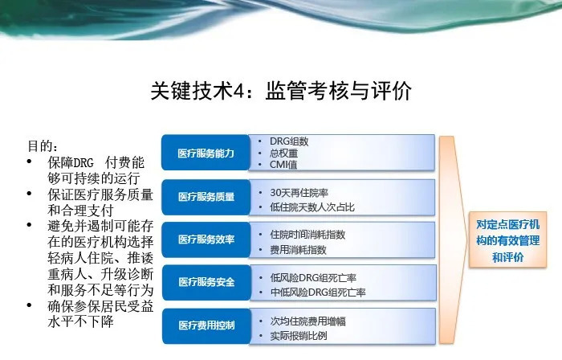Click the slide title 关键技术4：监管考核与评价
pos(281,90)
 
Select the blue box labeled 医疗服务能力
pos(206,153)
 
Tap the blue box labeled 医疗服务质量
pos(206,197)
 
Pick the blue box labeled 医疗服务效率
pos(206,239)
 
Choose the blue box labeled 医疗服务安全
pos(206,282)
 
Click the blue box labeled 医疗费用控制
pos(206,325)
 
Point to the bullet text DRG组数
pos(289,141)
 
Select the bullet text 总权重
pos(283,153)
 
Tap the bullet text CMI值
pos(283,165)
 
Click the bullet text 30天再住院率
pos(299,193)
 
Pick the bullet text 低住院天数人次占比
pos(312,207)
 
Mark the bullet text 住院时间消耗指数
pos(307,235)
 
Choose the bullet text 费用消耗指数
pos(298,250)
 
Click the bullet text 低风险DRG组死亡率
pos(313,278)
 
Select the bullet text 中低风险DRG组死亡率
pos(318,292)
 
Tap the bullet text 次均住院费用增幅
pos(307,321)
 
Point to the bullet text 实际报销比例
pos(299,336)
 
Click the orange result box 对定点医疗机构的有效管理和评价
pos(507,240)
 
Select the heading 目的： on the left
pos(43,146)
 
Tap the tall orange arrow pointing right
pos(453,239)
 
